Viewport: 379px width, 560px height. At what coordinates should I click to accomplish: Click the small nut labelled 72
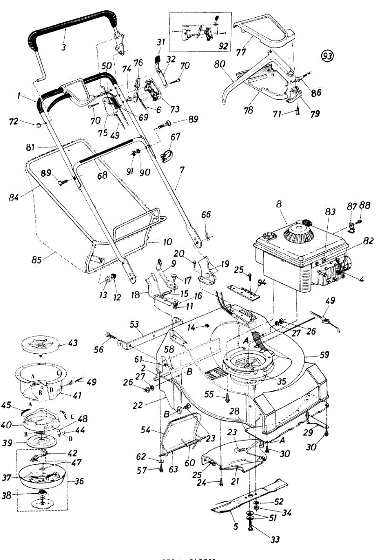tap(38, 125)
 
